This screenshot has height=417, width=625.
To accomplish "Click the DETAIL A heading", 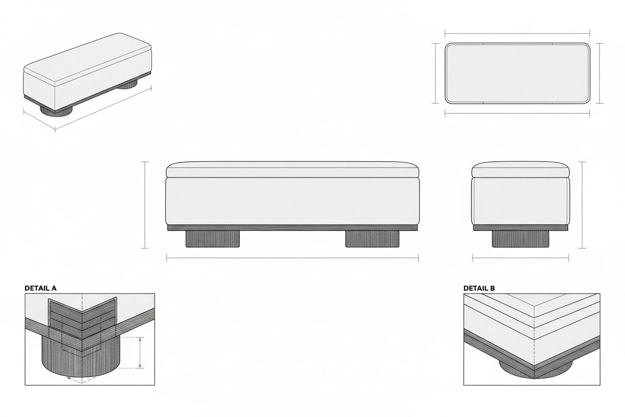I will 41,288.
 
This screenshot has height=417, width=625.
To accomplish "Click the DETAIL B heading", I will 479,288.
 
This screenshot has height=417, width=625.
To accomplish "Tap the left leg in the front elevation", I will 212,239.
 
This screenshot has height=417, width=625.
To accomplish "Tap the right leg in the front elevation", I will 373,239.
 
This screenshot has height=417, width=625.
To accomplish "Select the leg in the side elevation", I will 520,239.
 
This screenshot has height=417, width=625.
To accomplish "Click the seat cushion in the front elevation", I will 292,170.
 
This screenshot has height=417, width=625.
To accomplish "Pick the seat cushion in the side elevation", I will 520,170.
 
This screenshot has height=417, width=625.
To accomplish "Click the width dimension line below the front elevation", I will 292,258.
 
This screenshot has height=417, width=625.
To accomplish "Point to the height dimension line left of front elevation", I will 145,204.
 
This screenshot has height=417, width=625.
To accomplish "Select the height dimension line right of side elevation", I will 582,204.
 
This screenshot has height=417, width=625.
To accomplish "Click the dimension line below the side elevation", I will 520,259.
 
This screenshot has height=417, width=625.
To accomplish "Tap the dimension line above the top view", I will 517,34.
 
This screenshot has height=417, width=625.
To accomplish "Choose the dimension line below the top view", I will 517,113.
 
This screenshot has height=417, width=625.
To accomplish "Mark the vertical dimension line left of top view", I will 435,73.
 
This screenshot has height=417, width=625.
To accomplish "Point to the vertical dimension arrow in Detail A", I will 140,353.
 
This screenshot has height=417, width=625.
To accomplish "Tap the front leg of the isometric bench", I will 56,111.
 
